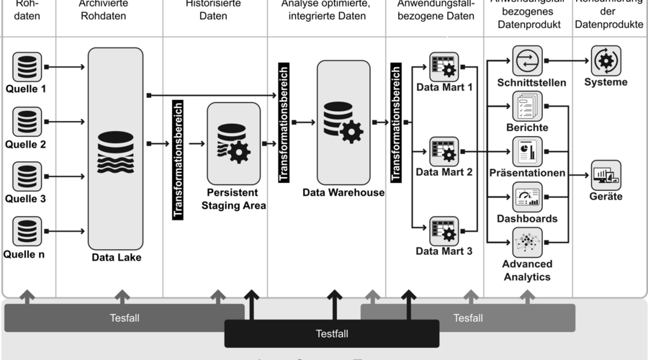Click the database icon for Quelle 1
(x=27, y=67)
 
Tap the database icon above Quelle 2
(x=27, y=122)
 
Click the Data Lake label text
(x=117, y=257)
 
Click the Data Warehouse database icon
(x=343, y=122)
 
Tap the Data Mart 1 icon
(x=444, y=68)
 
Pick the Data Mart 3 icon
(x=444, y=231)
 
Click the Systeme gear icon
(x=606, y=60)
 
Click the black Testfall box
(x=332, y=333)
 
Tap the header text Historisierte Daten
(x=215, y=9)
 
